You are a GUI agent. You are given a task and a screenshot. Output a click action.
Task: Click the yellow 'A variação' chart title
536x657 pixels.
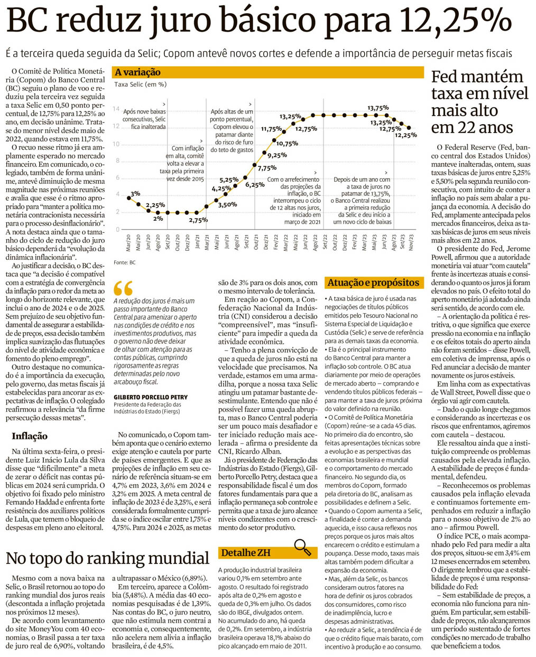click(138, 72)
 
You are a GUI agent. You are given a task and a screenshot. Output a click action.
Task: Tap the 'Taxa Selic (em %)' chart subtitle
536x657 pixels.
click(140, 84)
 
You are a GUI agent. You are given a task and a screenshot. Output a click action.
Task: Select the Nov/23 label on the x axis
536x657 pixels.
click(410, 243)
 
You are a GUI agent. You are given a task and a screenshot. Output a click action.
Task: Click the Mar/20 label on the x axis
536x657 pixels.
click(128, 243)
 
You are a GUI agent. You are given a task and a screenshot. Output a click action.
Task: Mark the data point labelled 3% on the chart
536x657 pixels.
click(128, 198)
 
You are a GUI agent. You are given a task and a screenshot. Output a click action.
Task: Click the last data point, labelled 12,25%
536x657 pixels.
click(409, 127)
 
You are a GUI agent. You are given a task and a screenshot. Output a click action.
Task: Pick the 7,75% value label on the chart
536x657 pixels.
click(267, 168)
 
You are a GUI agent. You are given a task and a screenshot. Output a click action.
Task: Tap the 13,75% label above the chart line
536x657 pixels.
click(378, 108)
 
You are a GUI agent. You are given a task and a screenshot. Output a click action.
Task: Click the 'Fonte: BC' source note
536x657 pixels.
click(124, 262)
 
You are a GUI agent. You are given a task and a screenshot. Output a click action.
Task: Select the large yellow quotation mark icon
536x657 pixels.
click(123, 288)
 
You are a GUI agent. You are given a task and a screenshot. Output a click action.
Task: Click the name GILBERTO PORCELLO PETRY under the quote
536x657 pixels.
click(150, 397)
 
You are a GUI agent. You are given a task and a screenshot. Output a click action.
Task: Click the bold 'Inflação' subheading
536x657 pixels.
click(30, 436)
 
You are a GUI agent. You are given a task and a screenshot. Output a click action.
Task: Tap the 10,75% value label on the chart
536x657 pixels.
click(287, 144)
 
